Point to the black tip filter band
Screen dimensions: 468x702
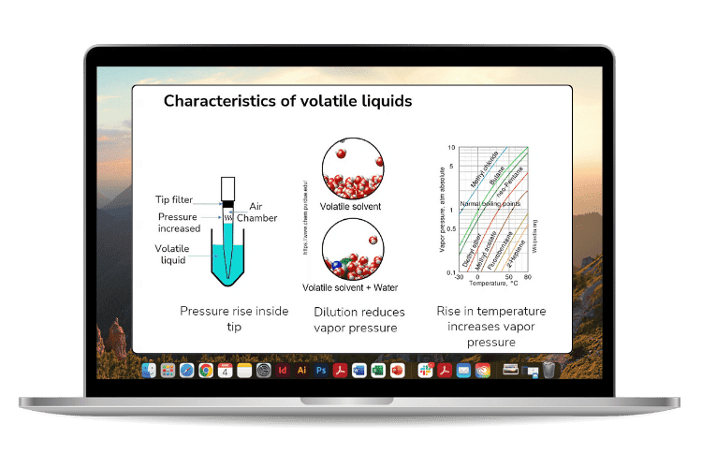coord(226,202)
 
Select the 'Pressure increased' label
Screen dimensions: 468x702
coord(179,223)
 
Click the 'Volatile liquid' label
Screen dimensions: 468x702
coord(173,254)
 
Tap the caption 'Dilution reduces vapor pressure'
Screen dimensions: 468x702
coord(355,319)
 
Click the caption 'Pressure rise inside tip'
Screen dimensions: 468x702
coord(234,319)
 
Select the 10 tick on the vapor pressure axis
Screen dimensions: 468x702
coord(452,148)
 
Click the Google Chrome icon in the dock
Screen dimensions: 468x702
coord(206,371)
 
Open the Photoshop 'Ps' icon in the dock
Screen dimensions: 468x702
coord(320,371)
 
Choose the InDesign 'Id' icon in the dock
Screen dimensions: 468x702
coord(283,371)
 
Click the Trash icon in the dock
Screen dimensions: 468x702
coord(548,371)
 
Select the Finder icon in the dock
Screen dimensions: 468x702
coord(149,371)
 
